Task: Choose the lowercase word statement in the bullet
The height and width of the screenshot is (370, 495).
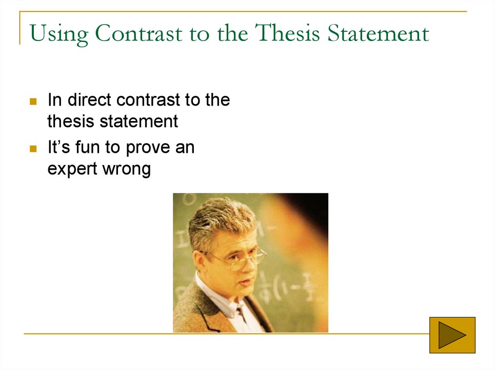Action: pos(139,121)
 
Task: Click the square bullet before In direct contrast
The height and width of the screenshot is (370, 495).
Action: pos(33,102)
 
